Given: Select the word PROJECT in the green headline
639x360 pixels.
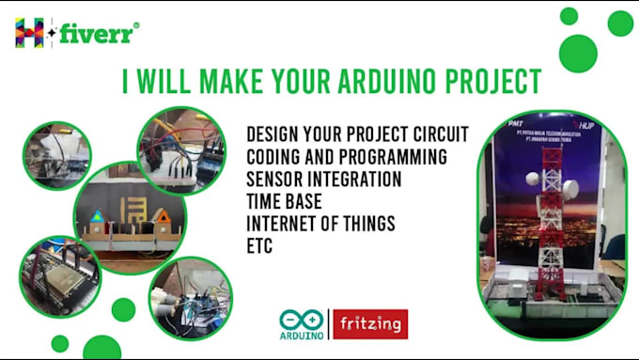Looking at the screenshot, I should tap(484, 82).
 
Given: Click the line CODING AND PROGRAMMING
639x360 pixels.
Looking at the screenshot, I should tap(346, 156).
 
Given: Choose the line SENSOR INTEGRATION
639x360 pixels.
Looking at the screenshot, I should tap(324, 179).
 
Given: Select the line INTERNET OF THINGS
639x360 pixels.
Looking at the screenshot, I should tap(320, 224).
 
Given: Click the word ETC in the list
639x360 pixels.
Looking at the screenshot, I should tap(260, 246).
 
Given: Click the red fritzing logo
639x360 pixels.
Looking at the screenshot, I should tap(370, 324).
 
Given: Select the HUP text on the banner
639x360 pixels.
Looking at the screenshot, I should tap(583, 123).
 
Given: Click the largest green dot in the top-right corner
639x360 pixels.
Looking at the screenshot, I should tap(578, 54).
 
